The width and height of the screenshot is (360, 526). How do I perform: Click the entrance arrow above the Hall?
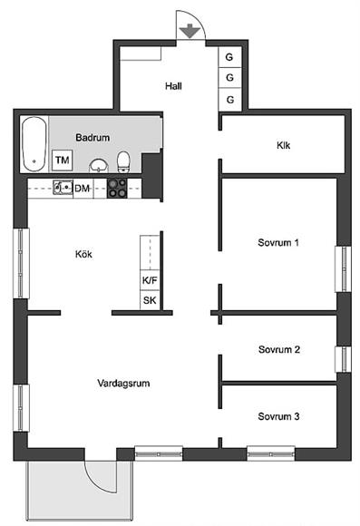coord(190,31)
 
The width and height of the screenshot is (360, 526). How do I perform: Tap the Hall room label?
coord(173,86)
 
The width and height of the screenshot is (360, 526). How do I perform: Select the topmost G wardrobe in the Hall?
coord(229,57)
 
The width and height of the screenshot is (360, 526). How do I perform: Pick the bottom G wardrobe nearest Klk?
coord(229,100)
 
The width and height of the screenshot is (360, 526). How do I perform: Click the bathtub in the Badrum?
coord(34,144)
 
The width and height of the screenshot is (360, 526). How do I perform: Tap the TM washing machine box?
coord(63,160)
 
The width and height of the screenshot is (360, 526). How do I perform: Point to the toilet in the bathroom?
coord(123,162)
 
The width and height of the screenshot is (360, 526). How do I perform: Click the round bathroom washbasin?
coord(99,166)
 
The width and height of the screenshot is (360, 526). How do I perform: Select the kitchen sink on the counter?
coord(63,188)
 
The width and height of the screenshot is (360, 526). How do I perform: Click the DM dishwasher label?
coord(83,189)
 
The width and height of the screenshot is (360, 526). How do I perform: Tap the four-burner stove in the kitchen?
coord(117,188)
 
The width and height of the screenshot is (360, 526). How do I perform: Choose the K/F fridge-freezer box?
coord(150,280)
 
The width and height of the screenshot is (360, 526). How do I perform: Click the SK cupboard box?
coord(150,300)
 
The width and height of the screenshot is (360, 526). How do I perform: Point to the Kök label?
coord(83,254)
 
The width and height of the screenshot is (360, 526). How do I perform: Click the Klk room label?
coord(284,145)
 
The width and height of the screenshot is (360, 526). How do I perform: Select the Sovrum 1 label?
coord(278,242)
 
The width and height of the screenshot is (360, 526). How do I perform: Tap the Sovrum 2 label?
coord(279,349)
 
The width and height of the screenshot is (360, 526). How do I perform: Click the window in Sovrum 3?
coord(271,453)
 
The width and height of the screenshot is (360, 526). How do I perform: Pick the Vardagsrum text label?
coord(123,383)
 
